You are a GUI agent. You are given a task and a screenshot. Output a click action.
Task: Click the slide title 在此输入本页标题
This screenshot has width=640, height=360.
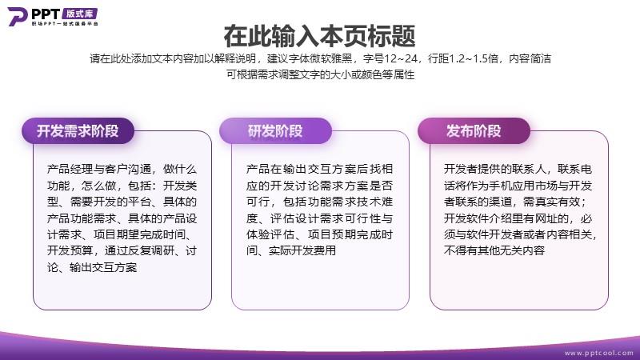point(319,36)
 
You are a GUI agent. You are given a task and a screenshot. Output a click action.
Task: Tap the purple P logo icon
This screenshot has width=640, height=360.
point(18,16)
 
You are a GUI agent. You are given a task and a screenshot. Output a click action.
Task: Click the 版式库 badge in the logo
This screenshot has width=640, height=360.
point(81,14)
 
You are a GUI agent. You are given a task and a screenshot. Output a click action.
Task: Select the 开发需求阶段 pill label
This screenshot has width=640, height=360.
point(78,131)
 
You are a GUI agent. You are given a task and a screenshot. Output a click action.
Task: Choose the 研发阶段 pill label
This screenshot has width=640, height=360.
point(275,131)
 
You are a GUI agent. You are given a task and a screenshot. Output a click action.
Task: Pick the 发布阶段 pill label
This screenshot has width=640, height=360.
point(474,131)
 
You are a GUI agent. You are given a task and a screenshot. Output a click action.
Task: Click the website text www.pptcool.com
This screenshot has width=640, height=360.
point(598,353)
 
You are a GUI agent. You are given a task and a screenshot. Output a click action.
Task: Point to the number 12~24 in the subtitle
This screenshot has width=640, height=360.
point(401,58)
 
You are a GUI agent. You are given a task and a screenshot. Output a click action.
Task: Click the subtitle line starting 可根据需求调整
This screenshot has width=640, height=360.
point(321,74)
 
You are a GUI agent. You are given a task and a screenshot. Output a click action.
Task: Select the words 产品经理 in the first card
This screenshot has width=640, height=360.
point(64,169)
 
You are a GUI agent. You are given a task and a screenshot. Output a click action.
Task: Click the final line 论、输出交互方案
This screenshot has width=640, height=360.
point(92,267)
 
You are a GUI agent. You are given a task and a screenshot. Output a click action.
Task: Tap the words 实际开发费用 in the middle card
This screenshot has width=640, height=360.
point(302,250)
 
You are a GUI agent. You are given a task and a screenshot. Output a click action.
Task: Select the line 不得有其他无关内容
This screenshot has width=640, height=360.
point(494,250)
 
